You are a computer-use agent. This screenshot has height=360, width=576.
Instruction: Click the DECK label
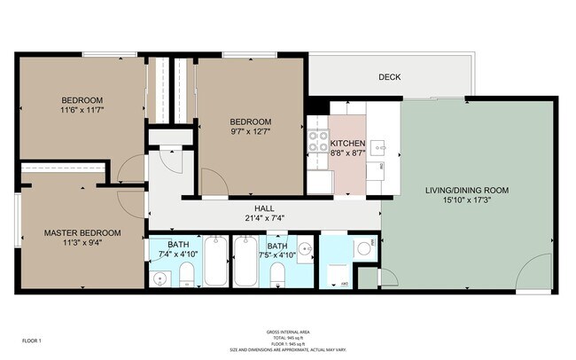pyautogui.click(x=389, y=77)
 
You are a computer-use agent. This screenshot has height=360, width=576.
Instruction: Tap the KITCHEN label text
pyautogui.click(x=347, y=144)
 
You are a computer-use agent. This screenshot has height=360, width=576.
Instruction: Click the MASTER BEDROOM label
pyautogui.click(x=82, y=233)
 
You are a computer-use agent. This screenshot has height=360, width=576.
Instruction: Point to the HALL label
pyautogui.click(x=267, y=206)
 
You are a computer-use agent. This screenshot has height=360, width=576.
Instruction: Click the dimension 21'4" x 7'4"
pyautogui.click(x=266, y=216)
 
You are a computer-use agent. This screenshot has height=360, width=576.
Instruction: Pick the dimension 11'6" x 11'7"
pyautogui.click(x=82, y=111)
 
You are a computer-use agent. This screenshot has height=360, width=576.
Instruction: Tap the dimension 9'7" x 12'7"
pyautogui.click(x=251, y=133)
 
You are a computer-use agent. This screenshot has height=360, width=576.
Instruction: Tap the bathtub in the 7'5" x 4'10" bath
pyautogui.click(x=246, y=261)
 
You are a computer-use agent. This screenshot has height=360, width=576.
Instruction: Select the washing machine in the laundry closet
pyautogui.click(x=362, y=247)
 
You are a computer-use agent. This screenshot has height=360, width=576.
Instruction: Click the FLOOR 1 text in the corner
pyautogui.click(x=32, y=340)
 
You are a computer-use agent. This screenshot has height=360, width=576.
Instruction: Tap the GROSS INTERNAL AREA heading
pyautogui.click(x=288, y=332)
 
